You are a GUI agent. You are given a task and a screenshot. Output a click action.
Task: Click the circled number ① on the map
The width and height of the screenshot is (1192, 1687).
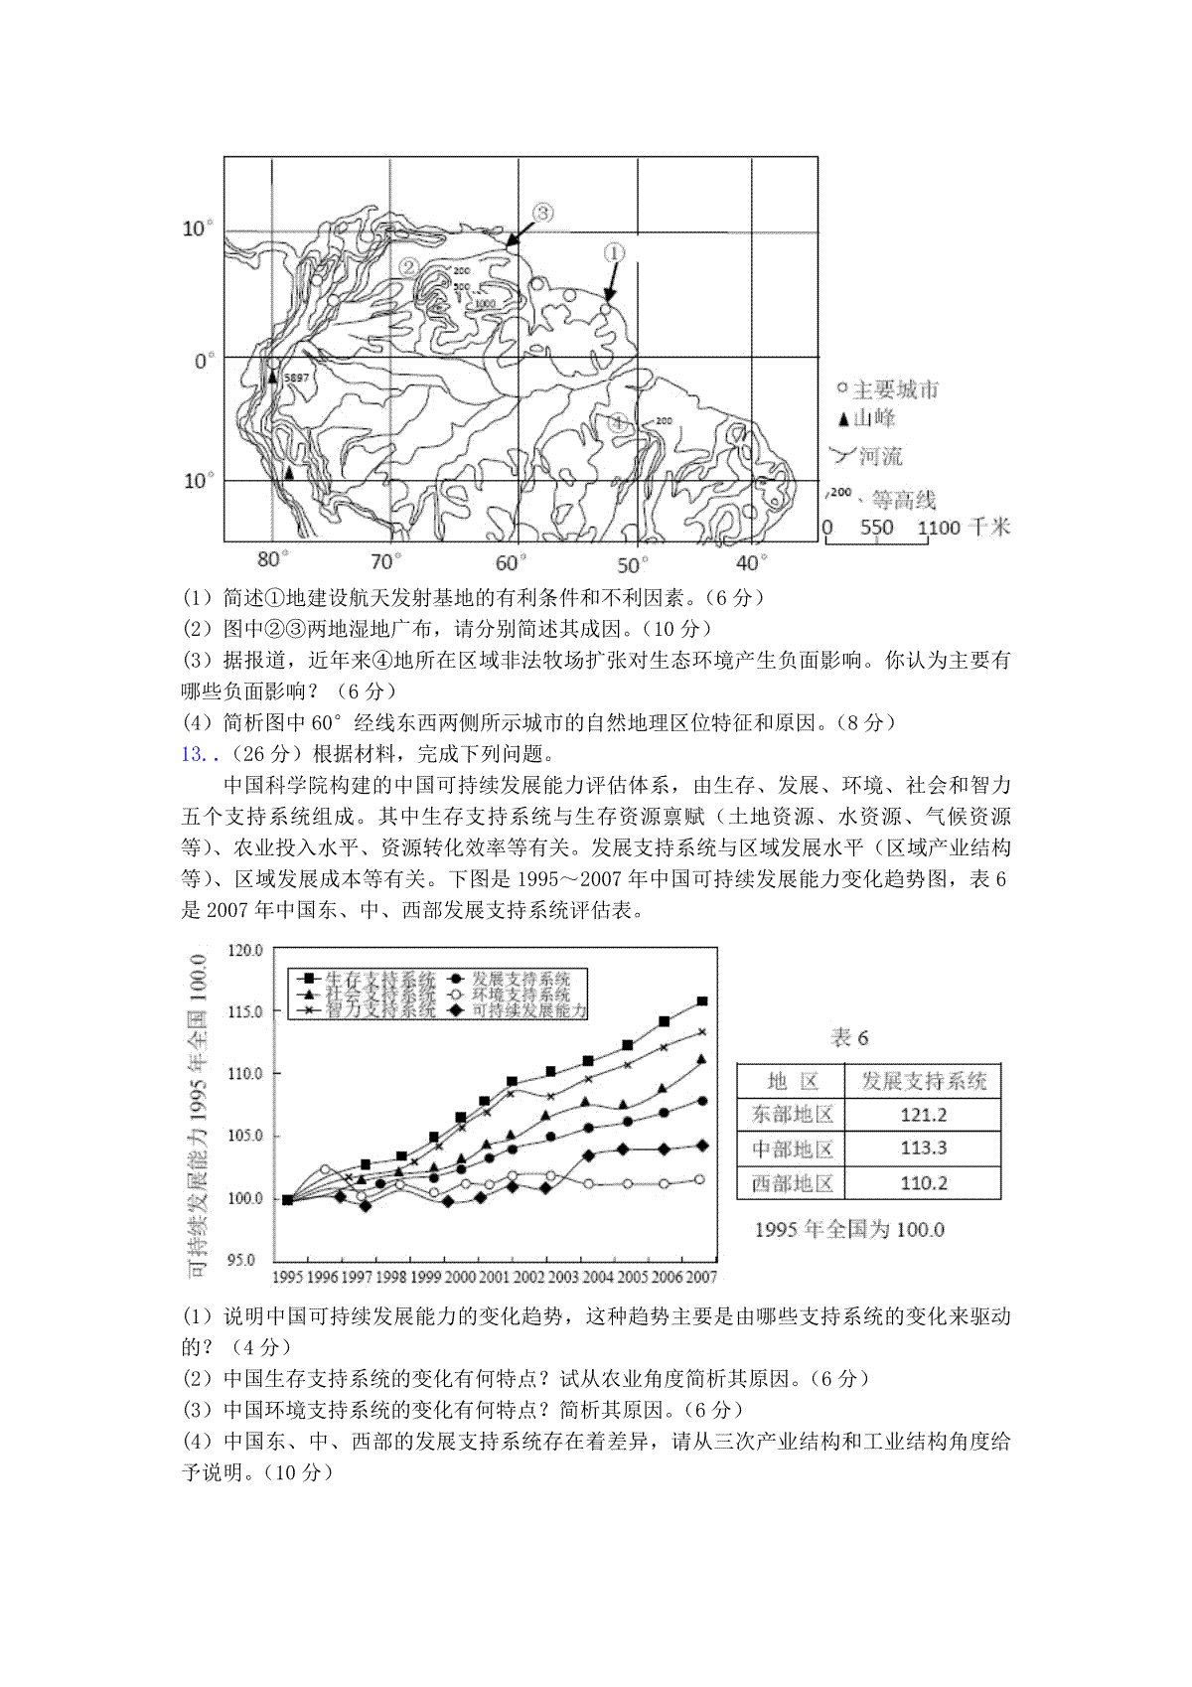tap(614, 253)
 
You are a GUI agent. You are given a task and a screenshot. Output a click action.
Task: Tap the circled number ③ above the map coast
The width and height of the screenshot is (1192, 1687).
tap(542, 212)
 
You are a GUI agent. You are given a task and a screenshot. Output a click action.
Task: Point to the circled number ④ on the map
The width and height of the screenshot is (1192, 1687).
tap(619, 422)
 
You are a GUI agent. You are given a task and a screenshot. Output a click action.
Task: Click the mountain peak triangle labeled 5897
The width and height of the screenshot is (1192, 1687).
tap(272, 378)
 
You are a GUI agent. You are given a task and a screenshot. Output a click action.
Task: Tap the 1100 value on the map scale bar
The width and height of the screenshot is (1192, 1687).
tap(939, 528)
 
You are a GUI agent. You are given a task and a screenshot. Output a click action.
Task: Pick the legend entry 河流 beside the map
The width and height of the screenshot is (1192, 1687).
tap(880, 456)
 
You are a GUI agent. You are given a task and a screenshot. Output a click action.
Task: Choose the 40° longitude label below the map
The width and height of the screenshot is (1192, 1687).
tap(752, 564)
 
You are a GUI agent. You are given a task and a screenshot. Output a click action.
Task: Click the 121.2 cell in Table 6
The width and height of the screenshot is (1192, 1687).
tap(923, 1115)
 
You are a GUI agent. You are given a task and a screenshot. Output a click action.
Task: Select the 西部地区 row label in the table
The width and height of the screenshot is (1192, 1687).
tap(792, 1182)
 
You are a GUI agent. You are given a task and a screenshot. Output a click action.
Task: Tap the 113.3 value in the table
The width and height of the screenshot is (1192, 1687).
tap(923, 1149)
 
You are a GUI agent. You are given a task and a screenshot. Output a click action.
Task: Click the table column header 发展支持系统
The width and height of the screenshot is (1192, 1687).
tap(923, 1081)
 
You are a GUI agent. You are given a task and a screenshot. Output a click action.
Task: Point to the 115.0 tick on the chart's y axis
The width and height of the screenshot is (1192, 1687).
tap(244, 1011)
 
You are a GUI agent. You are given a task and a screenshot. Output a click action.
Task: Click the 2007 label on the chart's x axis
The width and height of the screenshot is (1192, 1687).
tap(701, 1277)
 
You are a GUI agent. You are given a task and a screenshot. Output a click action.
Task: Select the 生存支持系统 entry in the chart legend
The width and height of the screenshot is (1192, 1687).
tap(380, 979)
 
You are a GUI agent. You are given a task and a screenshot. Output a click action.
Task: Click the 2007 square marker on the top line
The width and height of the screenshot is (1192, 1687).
tap(702, 1001)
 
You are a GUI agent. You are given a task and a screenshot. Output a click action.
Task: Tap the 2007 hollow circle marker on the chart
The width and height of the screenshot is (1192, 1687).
tap(700, 1179)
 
